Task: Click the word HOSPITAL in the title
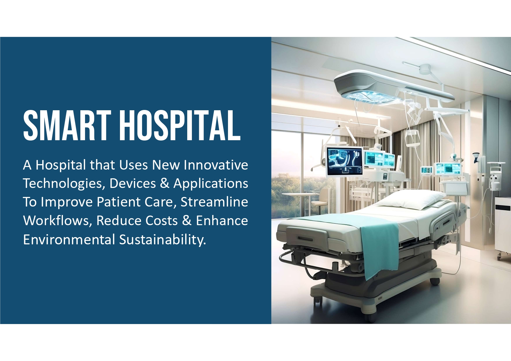click(x=180, y=125)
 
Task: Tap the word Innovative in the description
click(x=216, y=165)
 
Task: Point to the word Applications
click(x=211, y=184)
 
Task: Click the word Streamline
click(x=214, y=202)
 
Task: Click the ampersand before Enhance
click(x=187, y=220)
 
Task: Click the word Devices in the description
click(x=132, y=184)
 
